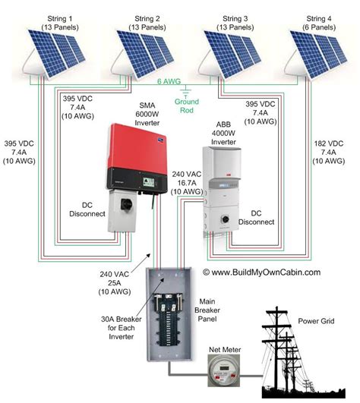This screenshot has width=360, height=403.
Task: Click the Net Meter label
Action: [x=226, y=350]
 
